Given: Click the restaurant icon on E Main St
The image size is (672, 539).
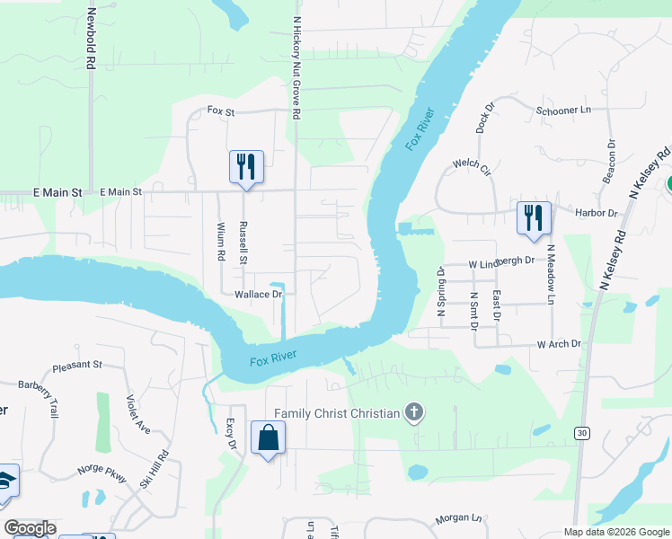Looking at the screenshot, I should coord(245,166).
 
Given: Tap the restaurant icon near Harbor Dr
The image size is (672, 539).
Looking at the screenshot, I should coord(533,216).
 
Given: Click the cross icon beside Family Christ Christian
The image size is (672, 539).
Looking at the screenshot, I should coord(413,413).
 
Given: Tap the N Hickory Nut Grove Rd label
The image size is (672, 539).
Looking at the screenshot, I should coord(296,67).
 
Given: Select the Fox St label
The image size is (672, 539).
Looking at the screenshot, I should coord(220,110).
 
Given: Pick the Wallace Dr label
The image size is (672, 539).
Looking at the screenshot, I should coord(259,294).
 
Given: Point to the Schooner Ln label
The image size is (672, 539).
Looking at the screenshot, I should coord(563,110).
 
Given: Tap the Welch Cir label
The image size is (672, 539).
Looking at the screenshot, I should coord(472,164).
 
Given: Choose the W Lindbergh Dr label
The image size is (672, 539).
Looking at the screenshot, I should coord(500,261).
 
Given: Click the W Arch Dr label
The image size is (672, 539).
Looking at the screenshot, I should coord(559,344).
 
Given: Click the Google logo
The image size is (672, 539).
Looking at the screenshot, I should coord(30,528).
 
